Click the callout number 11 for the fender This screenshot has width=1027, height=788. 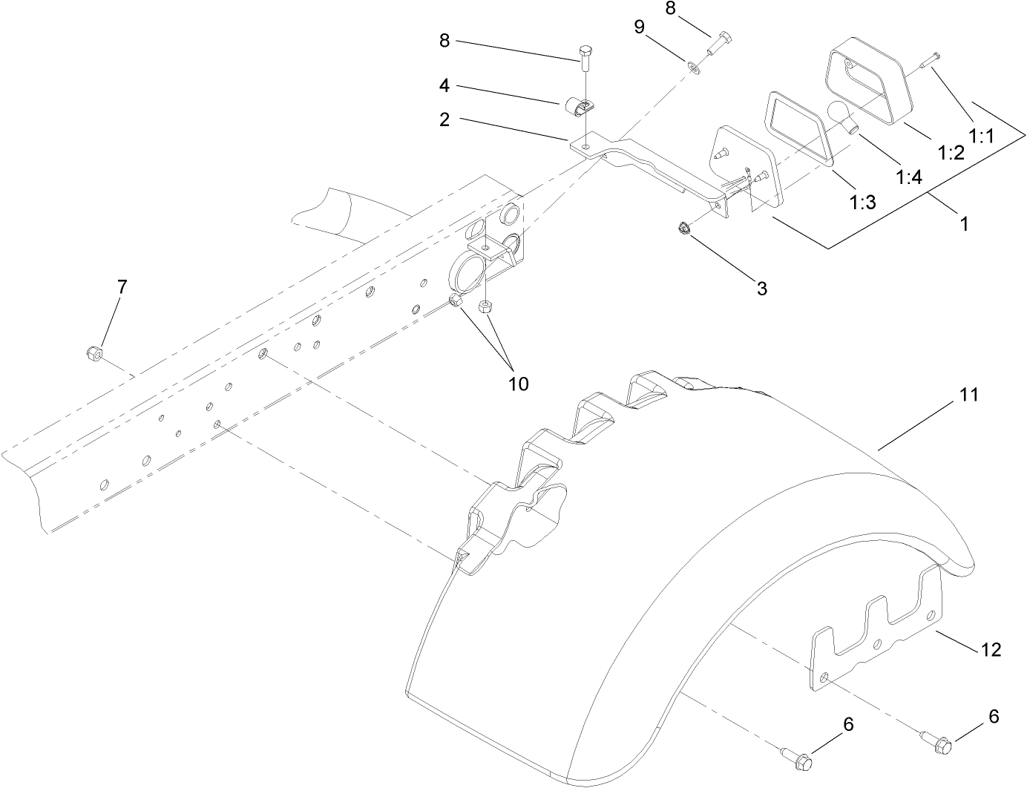(969, 395)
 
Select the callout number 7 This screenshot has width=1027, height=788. (122, 286)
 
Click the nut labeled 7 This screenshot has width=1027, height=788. (93, 353)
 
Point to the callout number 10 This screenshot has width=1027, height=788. (518, 384)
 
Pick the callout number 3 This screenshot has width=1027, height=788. (762, 288)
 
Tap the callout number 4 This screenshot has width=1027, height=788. (444, 85)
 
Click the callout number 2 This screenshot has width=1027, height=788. (444, 120)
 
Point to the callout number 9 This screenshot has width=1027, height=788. (639, 27)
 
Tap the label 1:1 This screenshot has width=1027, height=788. (981, 137)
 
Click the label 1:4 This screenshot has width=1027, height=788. (909, 177)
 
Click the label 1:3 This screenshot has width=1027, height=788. (863, 203)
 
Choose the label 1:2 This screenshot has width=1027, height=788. (951, 153)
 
